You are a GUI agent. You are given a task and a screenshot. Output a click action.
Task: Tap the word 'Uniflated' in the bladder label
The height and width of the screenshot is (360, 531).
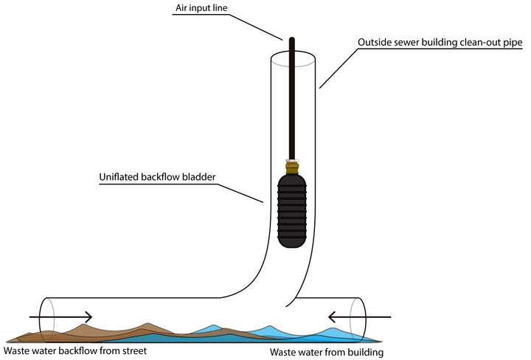point(121,178)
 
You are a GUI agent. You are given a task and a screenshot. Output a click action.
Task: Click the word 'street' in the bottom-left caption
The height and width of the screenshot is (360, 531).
point(133,351)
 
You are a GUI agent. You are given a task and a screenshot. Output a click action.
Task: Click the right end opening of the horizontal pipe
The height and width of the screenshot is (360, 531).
point(357,316)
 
